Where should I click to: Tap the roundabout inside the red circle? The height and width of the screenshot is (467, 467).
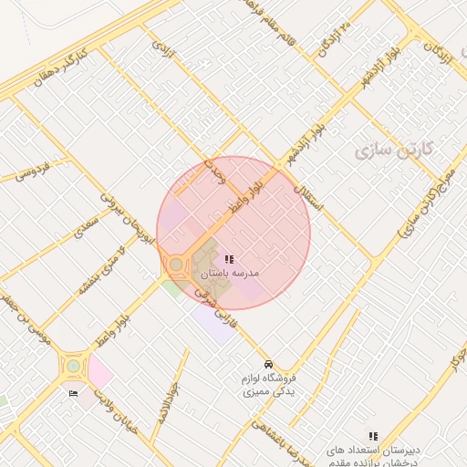[175, 265]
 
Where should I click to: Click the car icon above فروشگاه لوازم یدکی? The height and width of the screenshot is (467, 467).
[268, 361]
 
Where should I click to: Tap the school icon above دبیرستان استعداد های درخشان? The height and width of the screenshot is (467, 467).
[372, 437]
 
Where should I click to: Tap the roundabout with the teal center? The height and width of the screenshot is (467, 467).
[72, 368]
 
